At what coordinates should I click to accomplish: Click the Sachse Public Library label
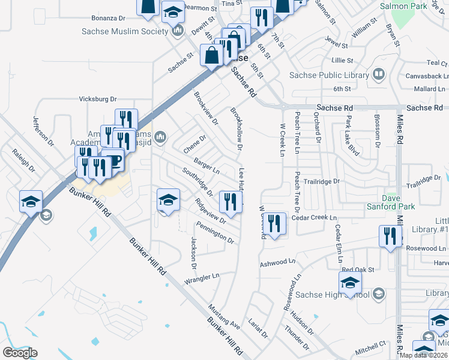pyautogui.click(x=329, y=76)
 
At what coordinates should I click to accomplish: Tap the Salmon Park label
pyautogui.click(x=403, y=7)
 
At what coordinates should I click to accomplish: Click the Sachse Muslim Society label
pyautogui.click(x=125, y=31)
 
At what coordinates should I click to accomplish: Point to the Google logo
pyautogui.click(x=20, y=352)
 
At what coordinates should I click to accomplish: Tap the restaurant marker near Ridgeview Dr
pyautogui.click(x=231, y=203)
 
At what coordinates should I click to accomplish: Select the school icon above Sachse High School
pyautogui.click(x=350, y=283)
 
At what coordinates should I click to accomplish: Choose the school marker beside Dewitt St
pyautogui.click(x=173, y=12)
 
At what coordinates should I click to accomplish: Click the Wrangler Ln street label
pyautogui.click(x=202, y=277)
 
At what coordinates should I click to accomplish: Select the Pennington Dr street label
pyautogui.click(x=214, y=233)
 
